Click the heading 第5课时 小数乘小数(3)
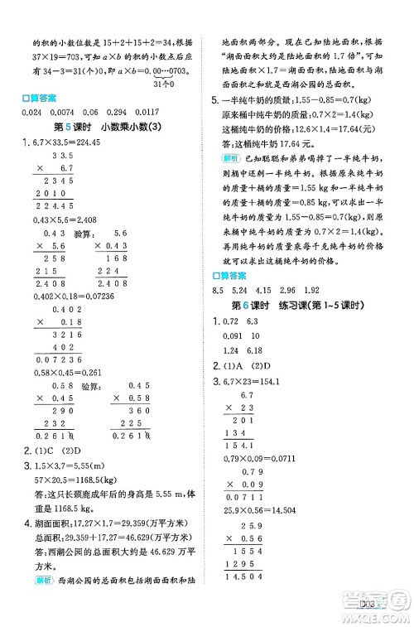pos(113,126)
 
